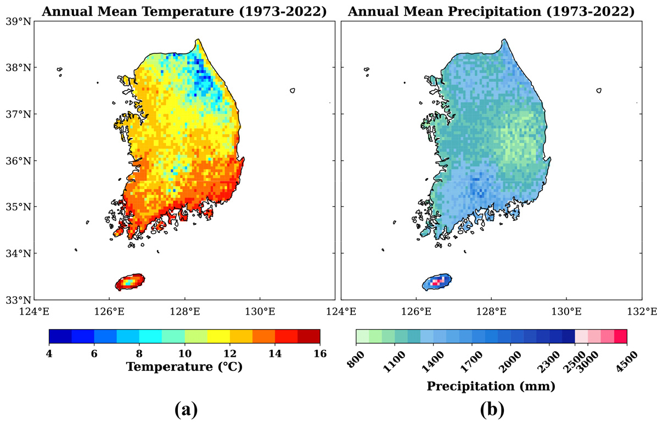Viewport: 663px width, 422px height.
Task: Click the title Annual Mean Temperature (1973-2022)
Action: [184, 12]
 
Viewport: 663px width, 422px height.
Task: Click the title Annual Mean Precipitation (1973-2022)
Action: [491, 12]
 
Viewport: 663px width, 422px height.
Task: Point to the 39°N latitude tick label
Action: [18, 21]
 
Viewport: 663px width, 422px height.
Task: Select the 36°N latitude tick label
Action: [18, 161]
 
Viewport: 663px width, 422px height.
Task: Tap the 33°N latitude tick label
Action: [18, 300]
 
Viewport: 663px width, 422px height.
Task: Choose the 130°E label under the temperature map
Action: [260, 312]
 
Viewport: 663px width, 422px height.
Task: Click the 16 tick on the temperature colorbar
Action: [320, 353]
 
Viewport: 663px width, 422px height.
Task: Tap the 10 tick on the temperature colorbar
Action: [185, 353]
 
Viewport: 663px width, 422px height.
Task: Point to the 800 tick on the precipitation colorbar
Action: [356, 359]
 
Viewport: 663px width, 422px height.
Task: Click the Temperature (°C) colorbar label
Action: [184, 367]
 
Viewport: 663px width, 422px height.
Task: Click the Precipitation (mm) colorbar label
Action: [491, 386]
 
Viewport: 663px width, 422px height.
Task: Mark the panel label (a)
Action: [186, 410]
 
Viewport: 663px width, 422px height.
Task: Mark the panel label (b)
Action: [492, 410]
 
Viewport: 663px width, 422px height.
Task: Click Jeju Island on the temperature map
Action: [130, 282]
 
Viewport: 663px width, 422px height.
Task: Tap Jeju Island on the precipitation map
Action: [436, 282]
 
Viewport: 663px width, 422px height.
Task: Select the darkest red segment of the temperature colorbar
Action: [308, 336]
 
